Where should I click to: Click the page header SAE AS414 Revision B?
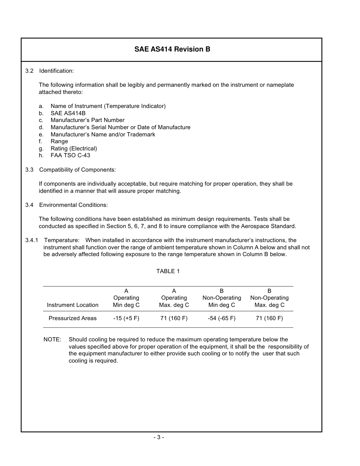tap(172, 50)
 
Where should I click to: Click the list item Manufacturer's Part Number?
tap(88, 120)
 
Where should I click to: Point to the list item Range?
tap(59, 141)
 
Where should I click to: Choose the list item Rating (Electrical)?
tap(74, 149)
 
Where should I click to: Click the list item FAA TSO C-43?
tap(70, 155)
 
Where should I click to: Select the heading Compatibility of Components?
tap(77, 170)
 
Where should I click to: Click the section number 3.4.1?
tap(32, 240)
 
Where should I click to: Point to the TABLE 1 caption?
tap(168, 271)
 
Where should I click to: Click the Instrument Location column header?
tap(72, 305)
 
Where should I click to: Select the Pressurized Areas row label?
tap(72, 318)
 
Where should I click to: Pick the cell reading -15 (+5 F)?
tap(126, 318)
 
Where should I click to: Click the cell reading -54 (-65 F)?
tap(221, 318)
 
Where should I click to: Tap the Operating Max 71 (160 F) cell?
tap(174, 318)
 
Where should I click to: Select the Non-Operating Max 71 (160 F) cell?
tap(269, 318)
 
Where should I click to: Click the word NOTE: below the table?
tap(52, 339)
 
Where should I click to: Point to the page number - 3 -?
tap(159, 437)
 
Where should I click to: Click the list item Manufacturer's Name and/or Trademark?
tap(103, 134)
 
